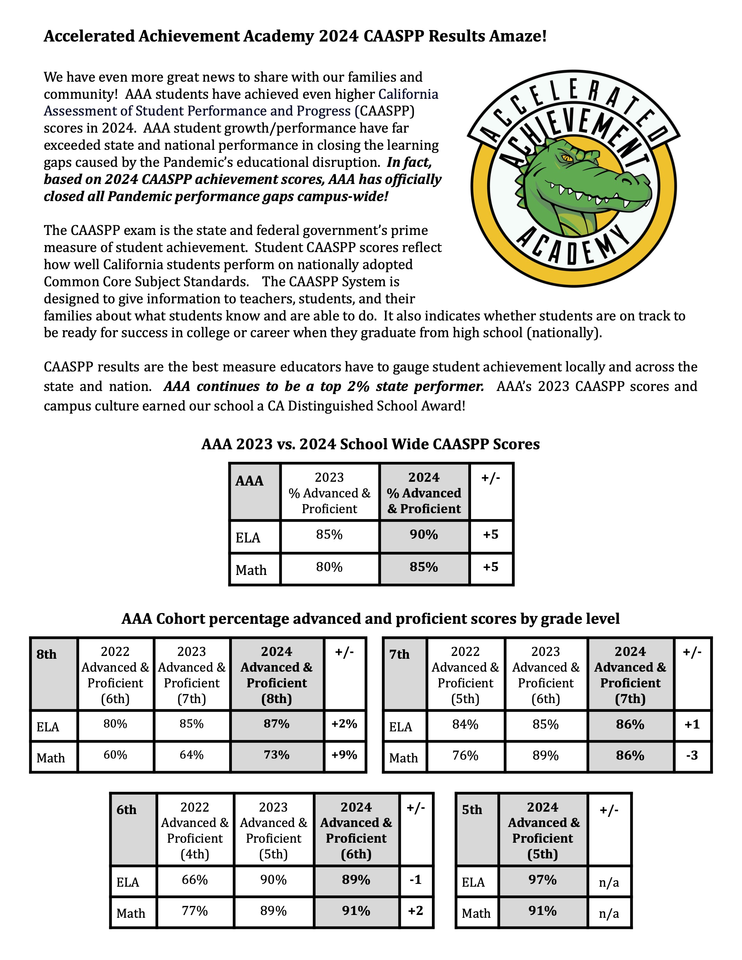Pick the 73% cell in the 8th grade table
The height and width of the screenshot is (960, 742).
click(277, 755)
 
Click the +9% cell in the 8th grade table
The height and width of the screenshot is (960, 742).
click(344, 755)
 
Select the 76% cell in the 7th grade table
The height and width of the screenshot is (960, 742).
click(465, 755)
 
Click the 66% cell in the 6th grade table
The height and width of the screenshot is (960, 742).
click(195, 880)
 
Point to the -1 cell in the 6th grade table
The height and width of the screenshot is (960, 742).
click(416, 880)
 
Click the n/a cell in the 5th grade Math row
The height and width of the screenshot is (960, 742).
click(609, 914)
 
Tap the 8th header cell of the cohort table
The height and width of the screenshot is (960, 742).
click(46, 655)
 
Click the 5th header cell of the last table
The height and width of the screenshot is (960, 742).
click(472, 810)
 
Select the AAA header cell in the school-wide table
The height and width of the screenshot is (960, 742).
click(249, 481)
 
